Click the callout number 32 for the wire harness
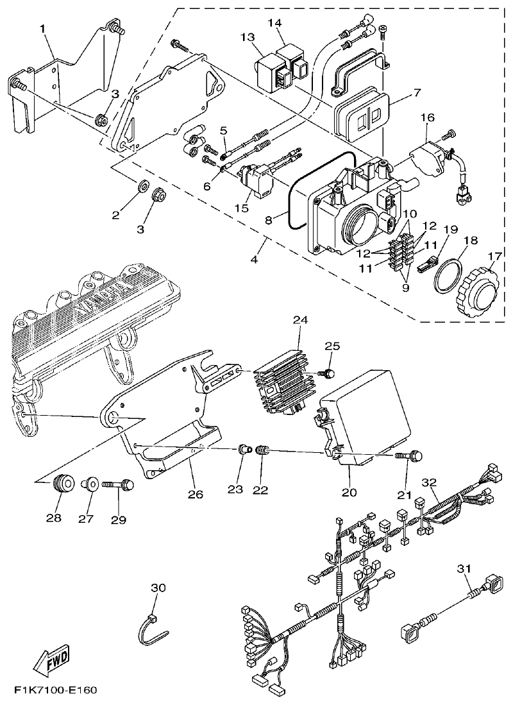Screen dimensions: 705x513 [429, 481]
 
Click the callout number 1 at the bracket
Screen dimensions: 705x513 [42, 28]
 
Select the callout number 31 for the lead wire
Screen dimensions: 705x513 [464, 568]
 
